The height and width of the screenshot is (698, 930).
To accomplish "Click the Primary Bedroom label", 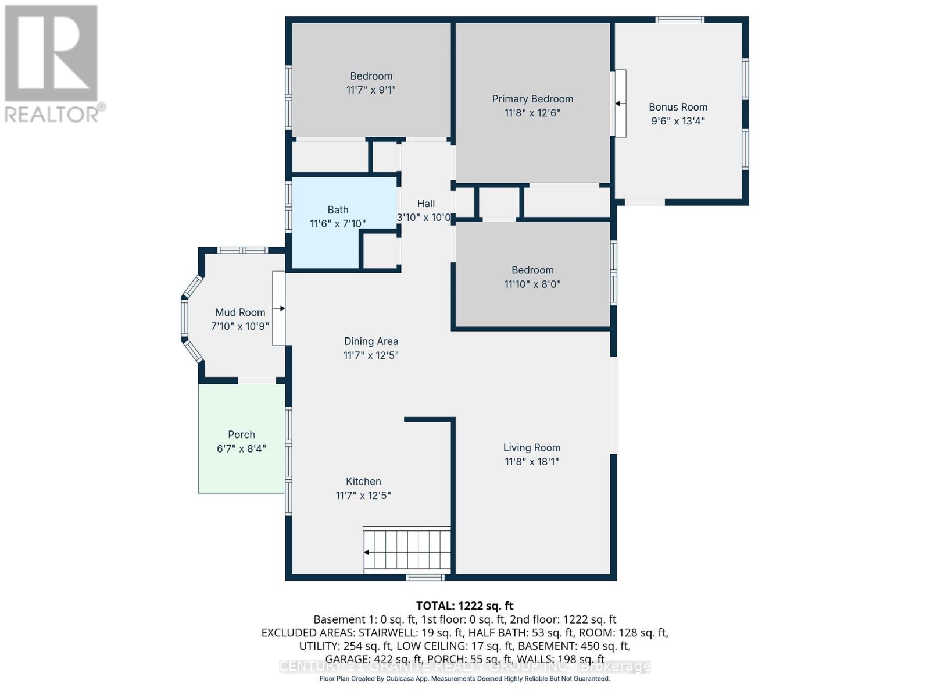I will [x=532, y=99].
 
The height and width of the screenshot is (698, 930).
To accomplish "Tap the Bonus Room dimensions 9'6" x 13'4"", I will [x=678, y=121].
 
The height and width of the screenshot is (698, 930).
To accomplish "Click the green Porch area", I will [x=241, y=465].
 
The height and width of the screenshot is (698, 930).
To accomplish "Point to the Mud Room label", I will [x=240, y=312].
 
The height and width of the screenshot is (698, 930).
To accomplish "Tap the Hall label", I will [x=425, y=204].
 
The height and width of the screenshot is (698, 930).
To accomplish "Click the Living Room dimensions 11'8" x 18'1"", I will [x=531, y=462].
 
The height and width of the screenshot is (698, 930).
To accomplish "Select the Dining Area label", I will [x=371, y=341].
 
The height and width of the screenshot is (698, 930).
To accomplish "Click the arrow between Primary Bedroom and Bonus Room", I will [x=620, y=104].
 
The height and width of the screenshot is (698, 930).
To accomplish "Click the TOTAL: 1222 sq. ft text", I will [x=464, y=606].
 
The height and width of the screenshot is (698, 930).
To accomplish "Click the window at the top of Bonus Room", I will [x=679, y=20].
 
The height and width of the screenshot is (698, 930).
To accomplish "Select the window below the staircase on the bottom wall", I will [x=425, y=578].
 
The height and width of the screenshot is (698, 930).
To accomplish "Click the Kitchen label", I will [x=363, y=482].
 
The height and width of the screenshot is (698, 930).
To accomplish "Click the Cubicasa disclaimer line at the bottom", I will [x=464, y=679].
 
